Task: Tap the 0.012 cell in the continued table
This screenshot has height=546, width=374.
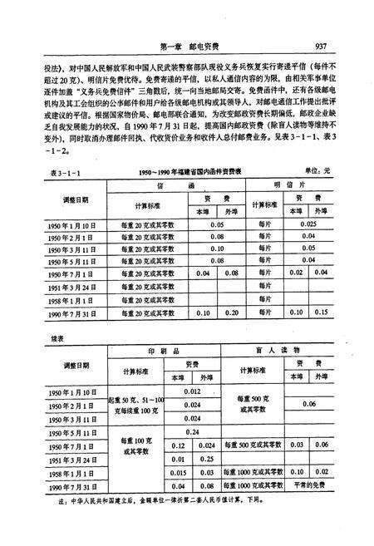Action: pos(192,391)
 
